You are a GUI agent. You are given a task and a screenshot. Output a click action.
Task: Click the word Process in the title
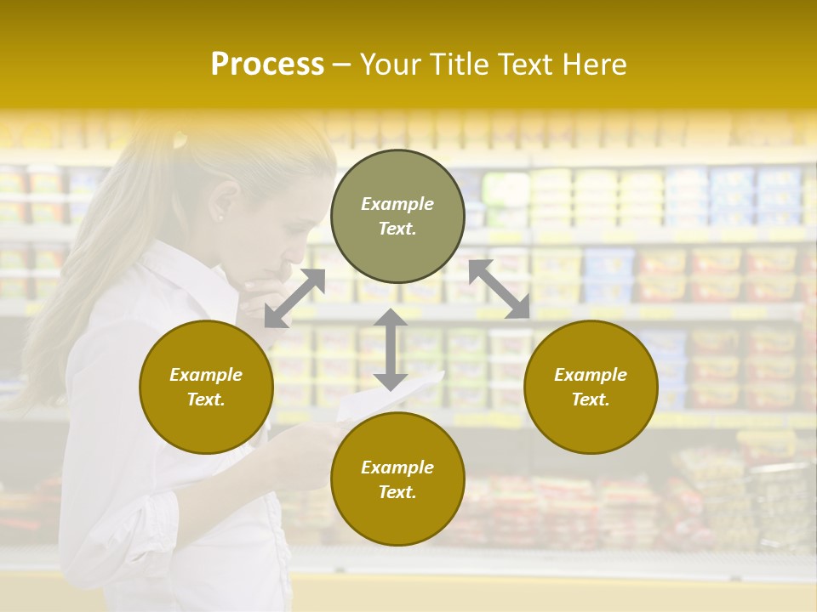click(x=267, y=65)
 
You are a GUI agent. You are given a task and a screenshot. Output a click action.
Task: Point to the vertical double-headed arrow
click(x=390, y=349)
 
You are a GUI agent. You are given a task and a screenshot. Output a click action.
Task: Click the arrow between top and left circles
click(x=294, y=298)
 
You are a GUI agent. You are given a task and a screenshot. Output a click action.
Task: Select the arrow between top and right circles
click(x=500, y=289)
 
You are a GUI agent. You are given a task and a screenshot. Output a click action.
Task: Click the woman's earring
click(x=220, y=218)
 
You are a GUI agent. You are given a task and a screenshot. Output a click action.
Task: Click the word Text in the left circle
click(x=206, y=399)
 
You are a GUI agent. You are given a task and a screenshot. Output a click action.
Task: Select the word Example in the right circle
click(x=591, y=375)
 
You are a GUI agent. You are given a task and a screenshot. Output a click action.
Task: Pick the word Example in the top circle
click(x=397, y=204)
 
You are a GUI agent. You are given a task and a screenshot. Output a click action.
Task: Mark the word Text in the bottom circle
click(x=397, y=492)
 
